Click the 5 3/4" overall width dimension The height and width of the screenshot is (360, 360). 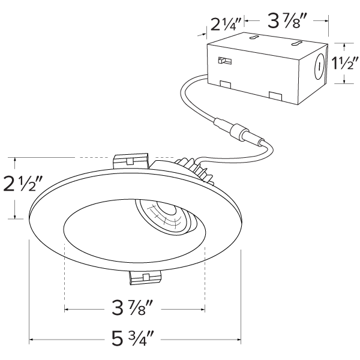coord(133,338)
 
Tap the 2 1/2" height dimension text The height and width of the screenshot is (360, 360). coord(23,184)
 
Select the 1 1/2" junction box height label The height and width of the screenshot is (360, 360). coord(345,63)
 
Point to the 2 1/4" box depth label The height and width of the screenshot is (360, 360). coord(226,25)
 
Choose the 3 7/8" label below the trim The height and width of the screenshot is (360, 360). coord(133,307)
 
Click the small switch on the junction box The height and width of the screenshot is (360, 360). coord(225,61)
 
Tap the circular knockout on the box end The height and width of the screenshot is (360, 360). coord(319,67)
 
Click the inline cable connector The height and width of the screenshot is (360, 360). coord(239,132)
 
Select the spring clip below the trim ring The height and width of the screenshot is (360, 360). coord(145,277)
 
